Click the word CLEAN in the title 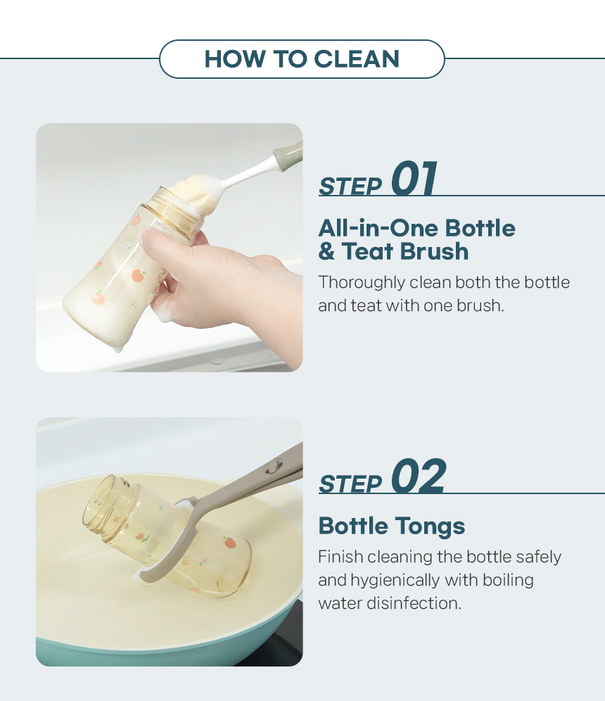[356, 59]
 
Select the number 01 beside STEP [414, 178]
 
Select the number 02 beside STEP [419, 476]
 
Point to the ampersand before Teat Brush [326, 251]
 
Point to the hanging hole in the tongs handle [273, 468]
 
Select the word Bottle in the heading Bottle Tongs [353, 526]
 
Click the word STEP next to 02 [350, 484]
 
